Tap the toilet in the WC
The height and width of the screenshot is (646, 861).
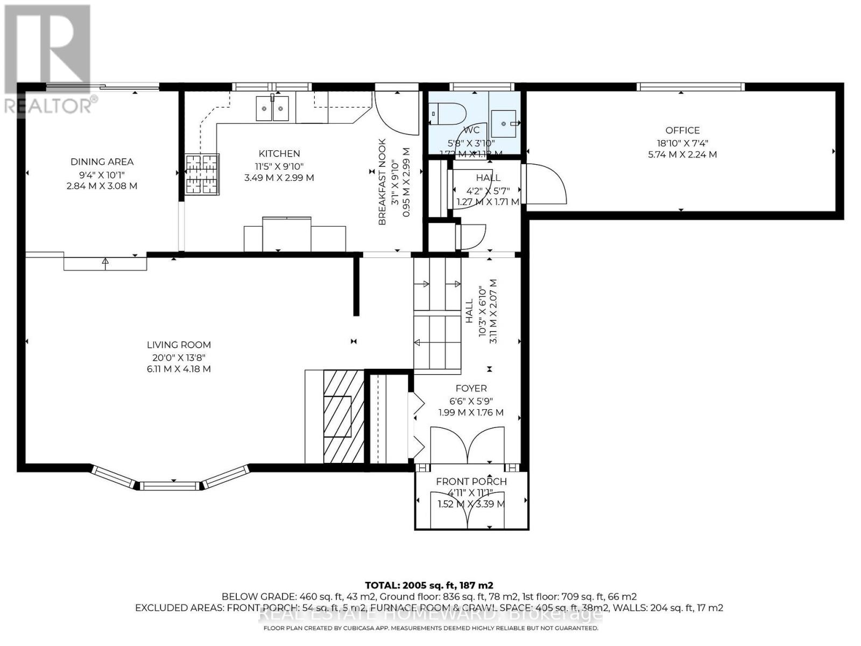pos(449,113)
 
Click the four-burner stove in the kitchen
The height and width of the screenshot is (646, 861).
pos(202,173)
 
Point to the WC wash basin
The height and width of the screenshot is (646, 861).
pos(505,124)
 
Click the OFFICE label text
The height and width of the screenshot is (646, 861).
pos(682,130)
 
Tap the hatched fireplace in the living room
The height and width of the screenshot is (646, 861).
pos(343,417)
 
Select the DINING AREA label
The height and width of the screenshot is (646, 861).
pos(102,161)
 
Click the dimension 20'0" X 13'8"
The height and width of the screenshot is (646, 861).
pos(179,357)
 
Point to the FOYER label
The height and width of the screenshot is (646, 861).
pos(471,388)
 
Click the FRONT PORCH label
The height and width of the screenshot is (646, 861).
pos(471,481)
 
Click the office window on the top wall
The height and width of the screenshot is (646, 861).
pos(690,87)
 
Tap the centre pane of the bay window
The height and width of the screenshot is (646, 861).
pos(170,486)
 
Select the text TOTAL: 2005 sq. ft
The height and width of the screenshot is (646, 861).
pos(429,585)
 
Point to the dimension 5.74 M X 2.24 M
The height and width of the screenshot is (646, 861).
pos(682,155)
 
